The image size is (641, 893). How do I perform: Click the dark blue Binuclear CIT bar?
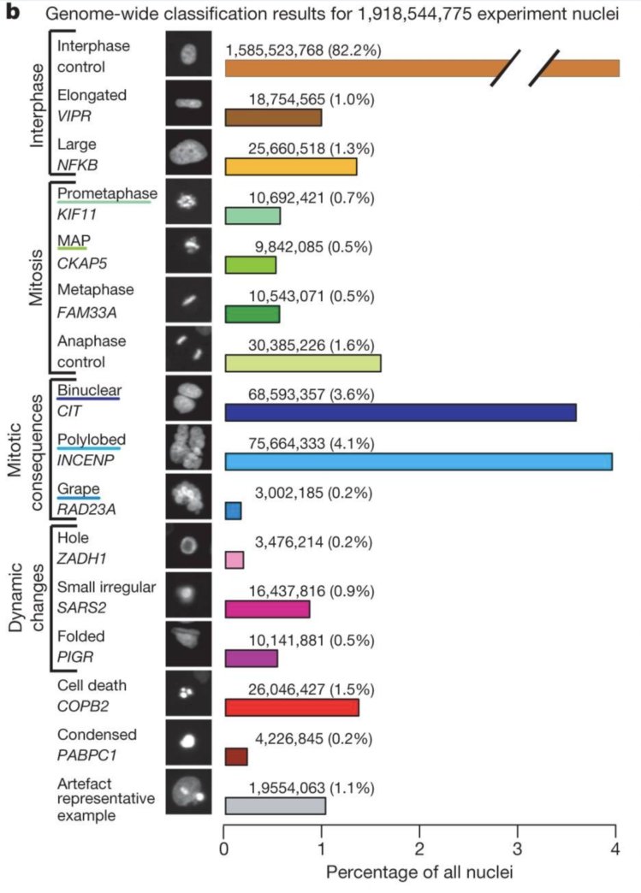point(400,412)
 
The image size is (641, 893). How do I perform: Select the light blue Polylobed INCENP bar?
point(418,463)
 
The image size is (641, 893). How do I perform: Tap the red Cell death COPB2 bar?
point(291,707)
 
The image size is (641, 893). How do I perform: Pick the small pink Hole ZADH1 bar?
point(234,560)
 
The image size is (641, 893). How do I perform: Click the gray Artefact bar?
point(275,806)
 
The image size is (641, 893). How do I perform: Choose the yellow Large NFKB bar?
point(290,167)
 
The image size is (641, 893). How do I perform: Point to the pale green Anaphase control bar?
point(302,363)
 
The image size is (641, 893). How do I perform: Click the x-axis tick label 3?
point(517,849)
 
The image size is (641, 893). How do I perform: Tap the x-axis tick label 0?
point(223,849)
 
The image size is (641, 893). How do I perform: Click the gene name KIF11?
point(77,215)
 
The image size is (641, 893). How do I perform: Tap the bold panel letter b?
point(12,14)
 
